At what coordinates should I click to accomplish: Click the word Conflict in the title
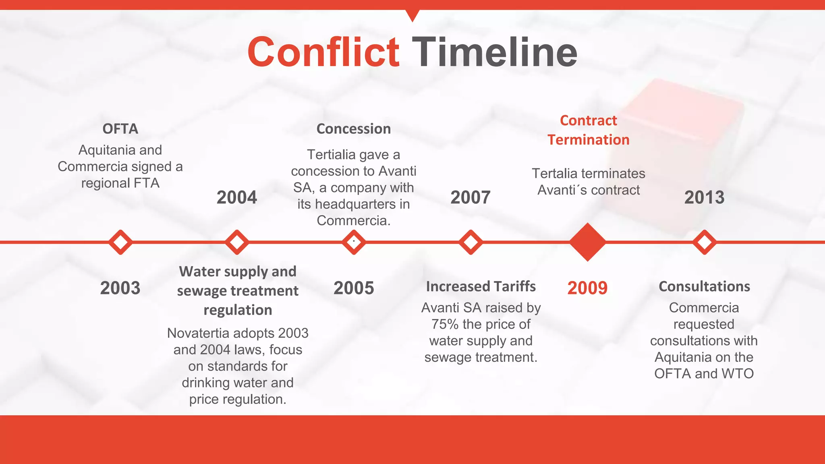(323, 52)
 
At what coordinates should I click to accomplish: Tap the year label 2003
(120, 288)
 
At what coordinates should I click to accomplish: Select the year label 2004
(237, 197)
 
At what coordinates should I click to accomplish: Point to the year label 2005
(354, 288)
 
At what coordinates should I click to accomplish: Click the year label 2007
(471, 197)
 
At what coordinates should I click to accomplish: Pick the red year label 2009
(587, 288)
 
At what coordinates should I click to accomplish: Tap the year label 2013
(704, 197)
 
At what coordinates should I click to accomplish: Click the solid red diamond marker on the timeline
(587, 242)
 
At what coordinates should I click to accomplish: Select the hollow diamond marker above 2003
(120, 242)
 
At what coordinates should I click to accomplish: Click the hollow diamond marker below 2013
(704, 242)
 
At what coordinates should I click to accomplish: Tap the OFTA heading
(120, 129)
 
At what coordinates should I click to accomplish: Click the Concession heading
(354, 129)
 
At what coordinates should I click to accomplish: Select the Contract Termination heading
(588, 130)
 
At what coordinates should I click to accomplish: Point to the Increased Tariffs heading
(481, 286)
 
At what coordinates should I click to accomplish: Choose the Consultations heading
(704, 286)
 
